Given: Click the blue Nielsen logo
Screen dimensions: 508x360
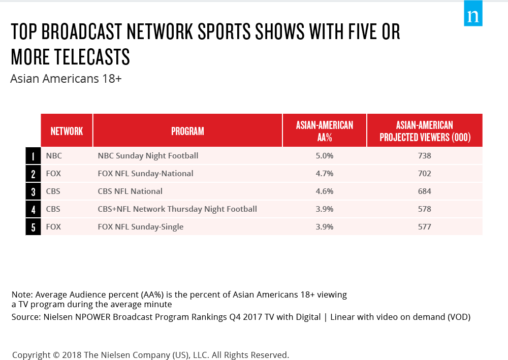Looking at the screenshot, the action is coord(473,13).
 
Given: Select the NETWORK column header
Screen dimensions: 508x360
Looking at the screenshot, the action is coord(67,131).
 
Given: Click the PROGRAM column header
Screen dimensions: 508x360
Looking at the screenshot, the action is coord(187,131).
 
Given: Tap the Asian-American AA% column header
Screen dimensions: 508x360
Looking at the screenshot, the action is coord(325,131).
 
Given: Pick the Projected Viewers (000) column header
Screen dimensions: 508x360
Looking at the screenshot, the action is coord(425,131).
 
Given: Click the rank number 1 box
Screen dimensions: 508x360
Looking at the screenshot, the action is coord(33,156).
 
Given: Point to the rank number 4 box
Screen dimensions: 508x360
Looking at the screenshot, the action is coord(33,209).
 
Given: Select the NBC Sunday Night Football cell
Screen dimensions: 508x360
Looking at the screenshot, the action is coord(148,156).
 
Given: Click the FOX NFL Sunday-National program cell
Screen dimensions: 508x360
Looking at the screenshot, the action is coord(145,174).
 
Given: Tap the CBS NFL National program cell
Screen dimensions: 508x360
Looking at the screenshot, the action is coord(130,191).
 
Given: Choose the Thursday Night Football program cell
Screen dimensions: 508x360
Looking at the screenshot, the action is coord(177,209).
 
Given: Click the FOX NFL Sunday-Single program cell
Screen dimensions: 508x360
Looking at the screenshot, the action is coord(141,227).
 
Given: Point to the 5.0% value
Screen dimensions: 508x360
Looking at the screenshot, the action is coord(325,156).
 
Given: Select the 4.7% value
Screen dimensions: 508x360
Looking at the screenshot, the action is coord(325,174).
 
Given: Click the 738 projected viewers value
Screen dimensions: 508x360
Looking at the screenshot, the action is coord(424,156).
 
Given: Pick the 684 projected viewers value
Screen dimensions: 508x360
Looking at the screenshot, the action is coord(424,191).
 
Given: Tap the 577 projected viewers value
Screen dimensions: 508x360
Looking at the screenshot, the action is coord(424,227).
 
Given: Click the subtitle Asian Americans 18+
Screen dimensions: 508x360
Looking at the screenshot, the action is coord(66,79).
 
